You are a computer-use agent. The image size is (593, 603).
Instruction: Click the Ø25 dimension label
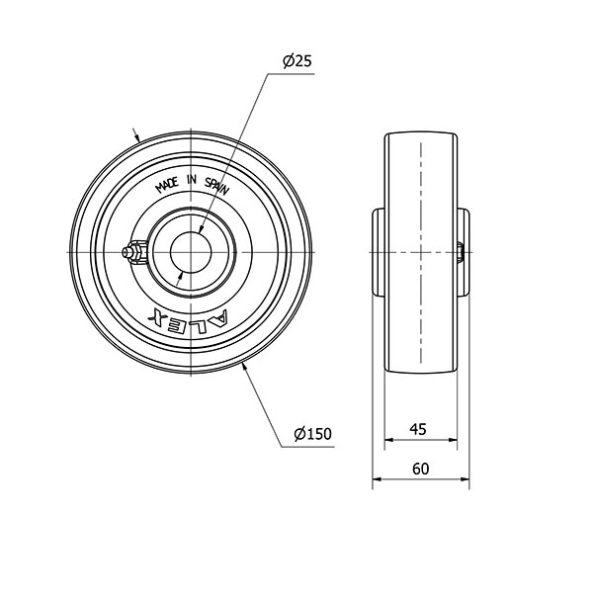pos(296,60)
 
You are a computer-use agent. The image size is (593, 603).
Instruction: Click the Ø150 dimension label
pos(312,434)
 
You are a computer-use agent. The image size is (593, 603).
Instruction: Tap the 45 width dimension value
pos(418,429)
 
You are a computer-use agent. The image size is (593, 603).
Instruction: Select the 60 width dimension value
pos(420,469)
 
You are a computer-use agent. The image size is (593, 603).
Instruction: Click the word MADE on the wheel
pos(166,185)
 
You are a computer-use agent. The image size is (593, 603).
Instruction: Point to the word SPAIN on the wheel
pos(217,186)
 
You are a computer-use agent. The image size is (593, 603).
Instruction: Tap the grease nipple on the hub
pos(134,252)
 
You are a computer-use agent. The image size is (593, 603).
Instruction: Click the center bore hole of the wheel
pos(191,252)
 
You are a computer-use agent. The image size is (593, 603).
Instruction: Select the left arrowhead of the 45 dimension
pos(388,440)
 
